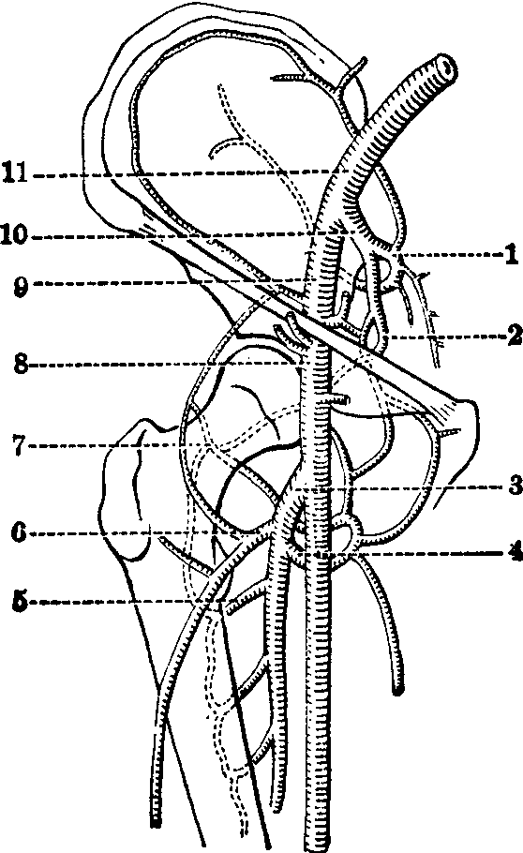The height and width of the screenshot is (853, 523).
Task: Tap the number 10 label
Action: click(17, 236)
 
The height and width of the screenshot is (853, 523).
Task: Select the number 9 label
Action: click(21, 282)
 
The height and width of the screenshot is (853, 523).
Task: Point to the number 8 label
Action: click(22, 364)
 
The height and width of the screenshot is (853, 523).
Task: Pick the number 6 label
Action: click(20, 533)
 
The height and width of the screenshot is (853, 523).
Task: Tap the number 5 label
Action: click(20, 602)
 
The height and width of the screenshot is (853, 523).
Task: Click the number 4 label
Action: click(514, 553)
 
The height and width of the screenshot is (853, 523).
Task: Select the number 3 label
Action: click(515, 486)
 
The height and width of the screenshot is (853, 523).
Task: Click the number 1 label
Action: click(510, 255)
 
